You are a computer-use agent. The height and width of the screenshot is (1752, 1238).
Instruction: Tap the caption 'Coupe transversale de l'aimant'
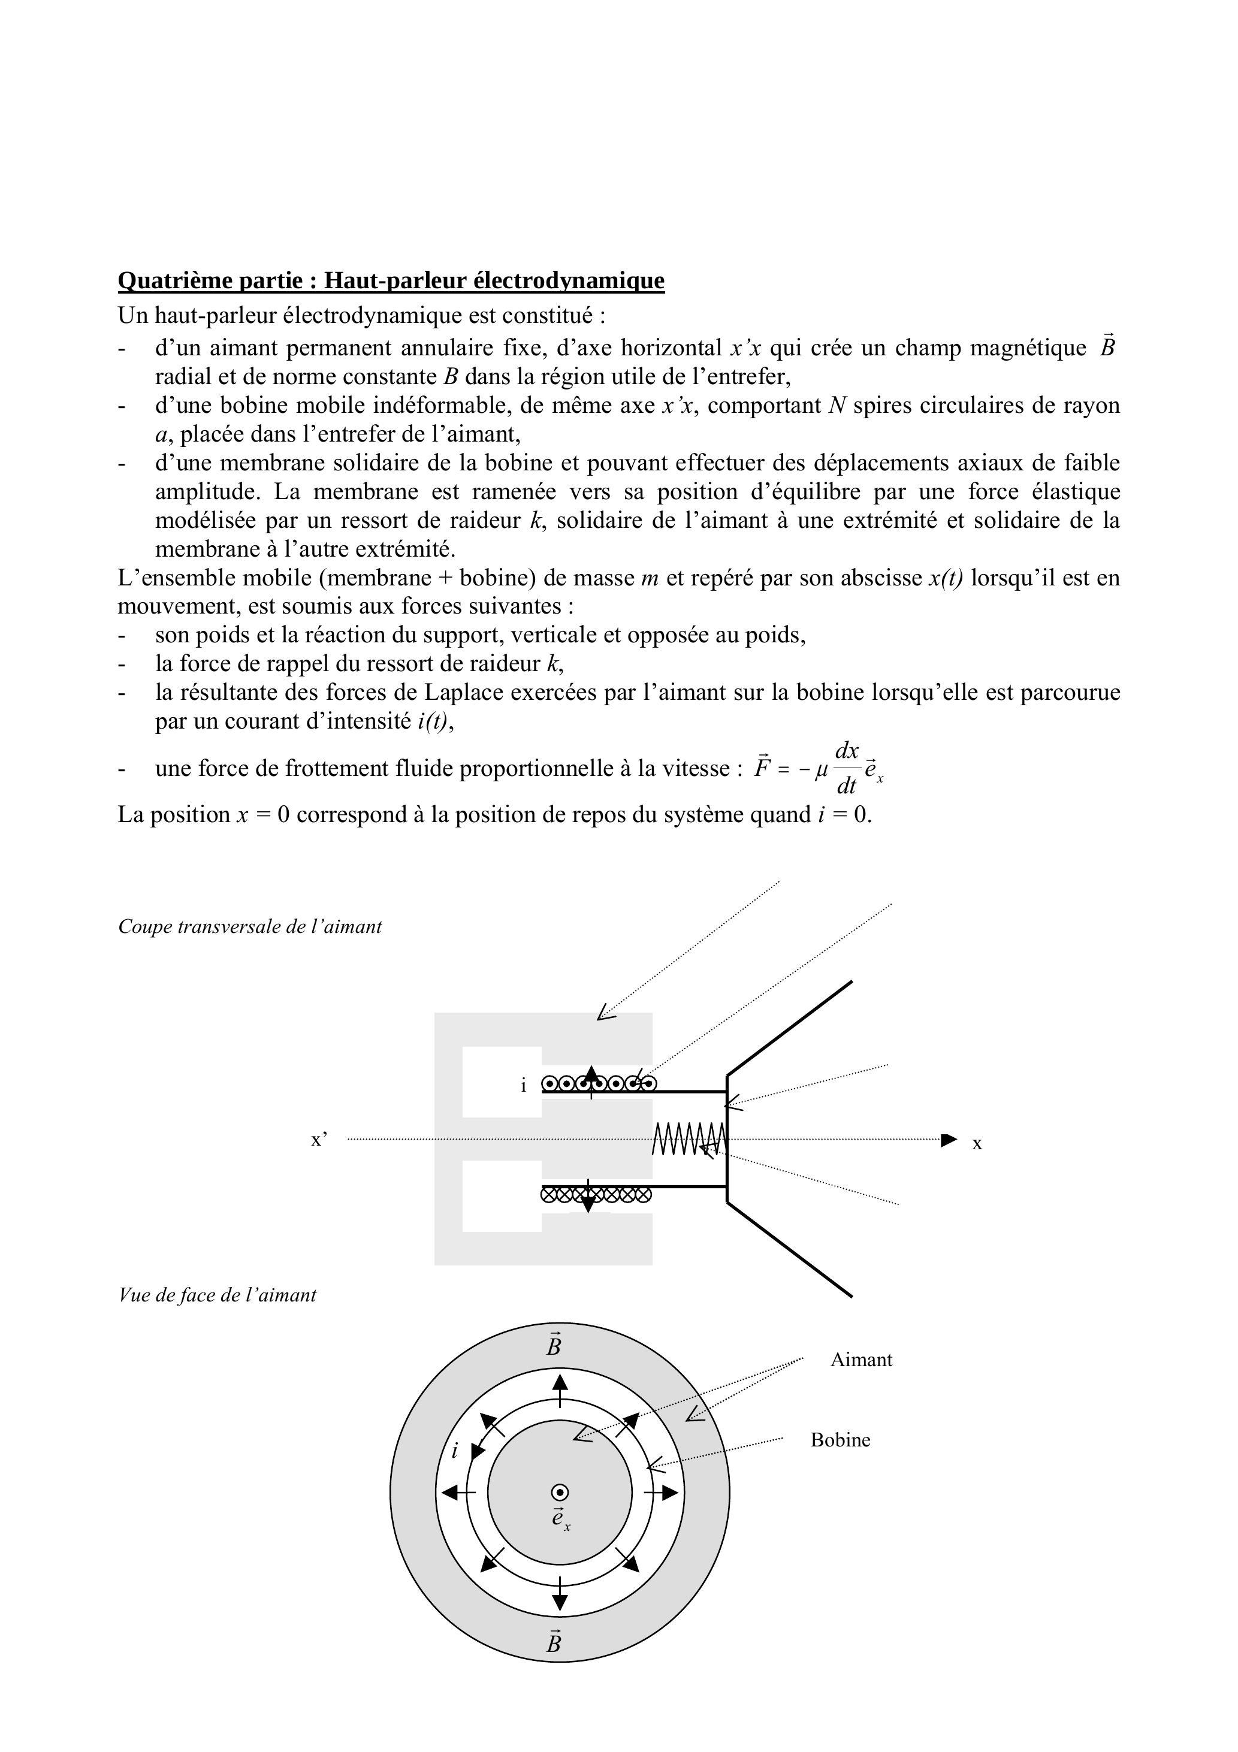[250, 926]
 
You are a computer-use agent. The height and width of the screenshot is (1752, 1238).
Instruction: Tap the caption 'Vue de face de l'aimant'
[218, 1295]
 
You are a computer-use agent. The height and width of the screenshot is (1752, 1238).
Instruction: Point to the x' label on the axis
[319, 1140]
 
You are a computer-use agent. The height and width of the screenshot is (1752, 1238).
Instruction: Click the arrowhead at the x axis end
[949, 1140]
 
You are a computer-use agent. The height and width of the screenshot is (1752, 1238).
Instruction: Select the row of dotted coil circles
[599, 1083]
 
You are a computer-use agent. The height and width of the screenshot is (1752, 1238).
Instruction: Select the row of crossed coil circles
[596, 1195]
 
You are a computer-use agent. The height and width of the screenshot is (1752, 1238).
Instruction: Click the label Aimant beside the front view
[861, 1360]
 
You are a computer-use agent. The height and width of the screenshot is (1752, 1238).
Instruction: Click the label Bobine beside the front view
[840, 1440]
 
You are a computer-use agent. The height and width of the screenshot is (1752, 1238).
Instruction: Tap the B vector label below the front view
[554, 1642]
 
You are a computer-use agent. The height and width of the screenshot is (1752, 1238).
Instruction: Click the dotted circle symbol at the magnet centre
[560, 1493]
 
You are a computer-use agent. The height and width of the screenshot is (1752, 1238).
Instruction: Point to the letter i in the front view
[455, 1451]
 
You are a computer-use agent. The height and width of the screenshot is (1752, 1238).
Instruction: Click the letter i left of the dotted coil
[524, 1086]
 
